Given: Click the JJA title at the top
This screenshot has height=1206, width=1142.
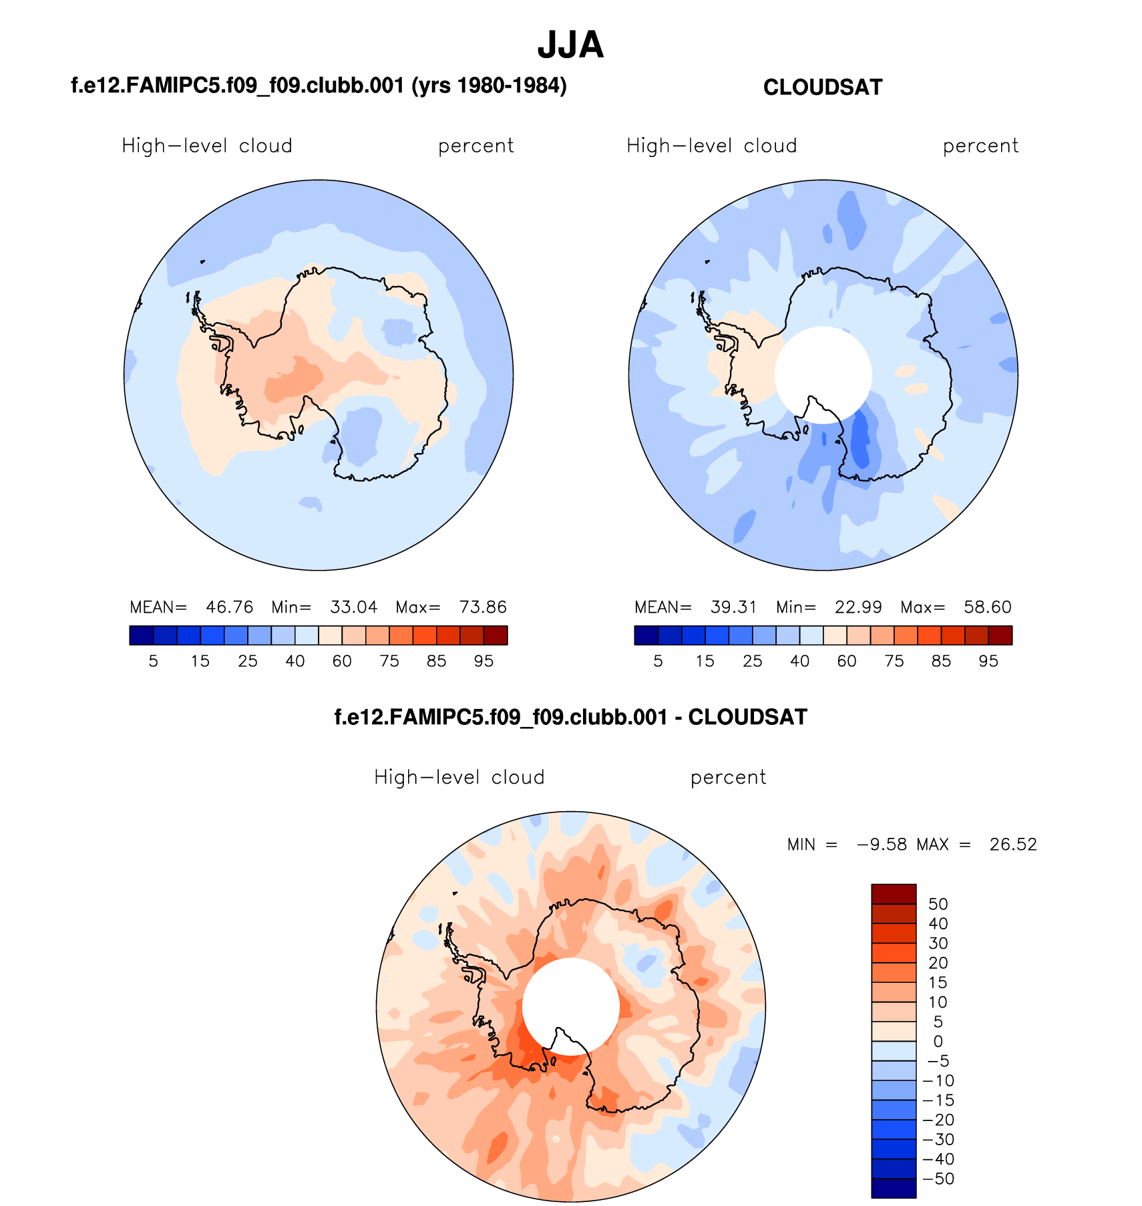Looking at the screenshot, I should (x=570, y=45).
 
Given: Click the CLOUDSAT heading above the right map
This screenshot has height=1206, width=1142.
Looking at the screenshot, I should (x=822, y=88).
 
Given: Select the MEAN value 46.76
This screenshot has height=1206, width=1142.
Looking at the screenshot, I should (x=229, y=607).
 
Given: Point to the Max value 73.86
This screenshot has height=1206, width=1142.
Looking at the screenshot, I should (x=483, y=607).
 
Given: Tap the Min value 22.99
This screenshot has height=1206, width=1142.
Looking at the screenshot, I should (x=858, y=607).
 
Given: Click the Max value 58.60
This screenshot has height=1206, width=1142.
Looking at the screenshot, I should (x=988, y=607).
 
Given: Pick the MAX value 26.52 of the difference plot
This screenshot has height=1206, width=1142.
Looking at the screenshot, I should (x=1013, y=845).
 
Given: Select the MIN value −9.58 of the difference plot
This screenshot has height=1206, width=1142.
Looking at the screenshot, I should (x=882, y=845).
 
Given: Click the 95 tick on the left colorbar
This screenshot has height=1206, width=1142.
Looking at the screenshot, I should (x=484, y=661).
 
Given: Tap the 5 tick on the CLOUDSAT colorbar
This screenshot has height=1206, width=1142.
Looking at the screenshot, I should (x=658, y=661).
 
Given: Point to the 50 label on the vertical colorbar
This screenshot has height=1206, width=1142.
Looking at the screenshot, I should (x=938, y=904).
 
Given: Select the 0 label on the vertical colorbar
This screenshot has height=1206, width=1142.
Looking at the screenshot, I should (x=938, y=1041).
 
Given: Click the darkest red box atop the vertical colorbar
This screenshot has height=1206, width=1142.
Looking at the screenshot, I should (x=894, y=893).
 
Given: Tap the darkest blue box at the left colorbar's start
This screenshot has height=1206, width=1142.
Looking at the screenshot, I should (x=142, y=635).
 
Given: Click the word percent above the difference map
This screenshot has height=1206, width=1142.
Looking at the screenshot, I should (x=728, y=778).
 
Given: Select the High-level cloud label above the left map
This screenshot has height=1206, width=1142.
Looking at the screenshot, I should (x=207, y=146).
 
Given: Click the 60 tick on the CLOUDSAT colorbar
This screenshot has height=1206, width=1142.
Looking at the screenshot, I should (x=847, y=661).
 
